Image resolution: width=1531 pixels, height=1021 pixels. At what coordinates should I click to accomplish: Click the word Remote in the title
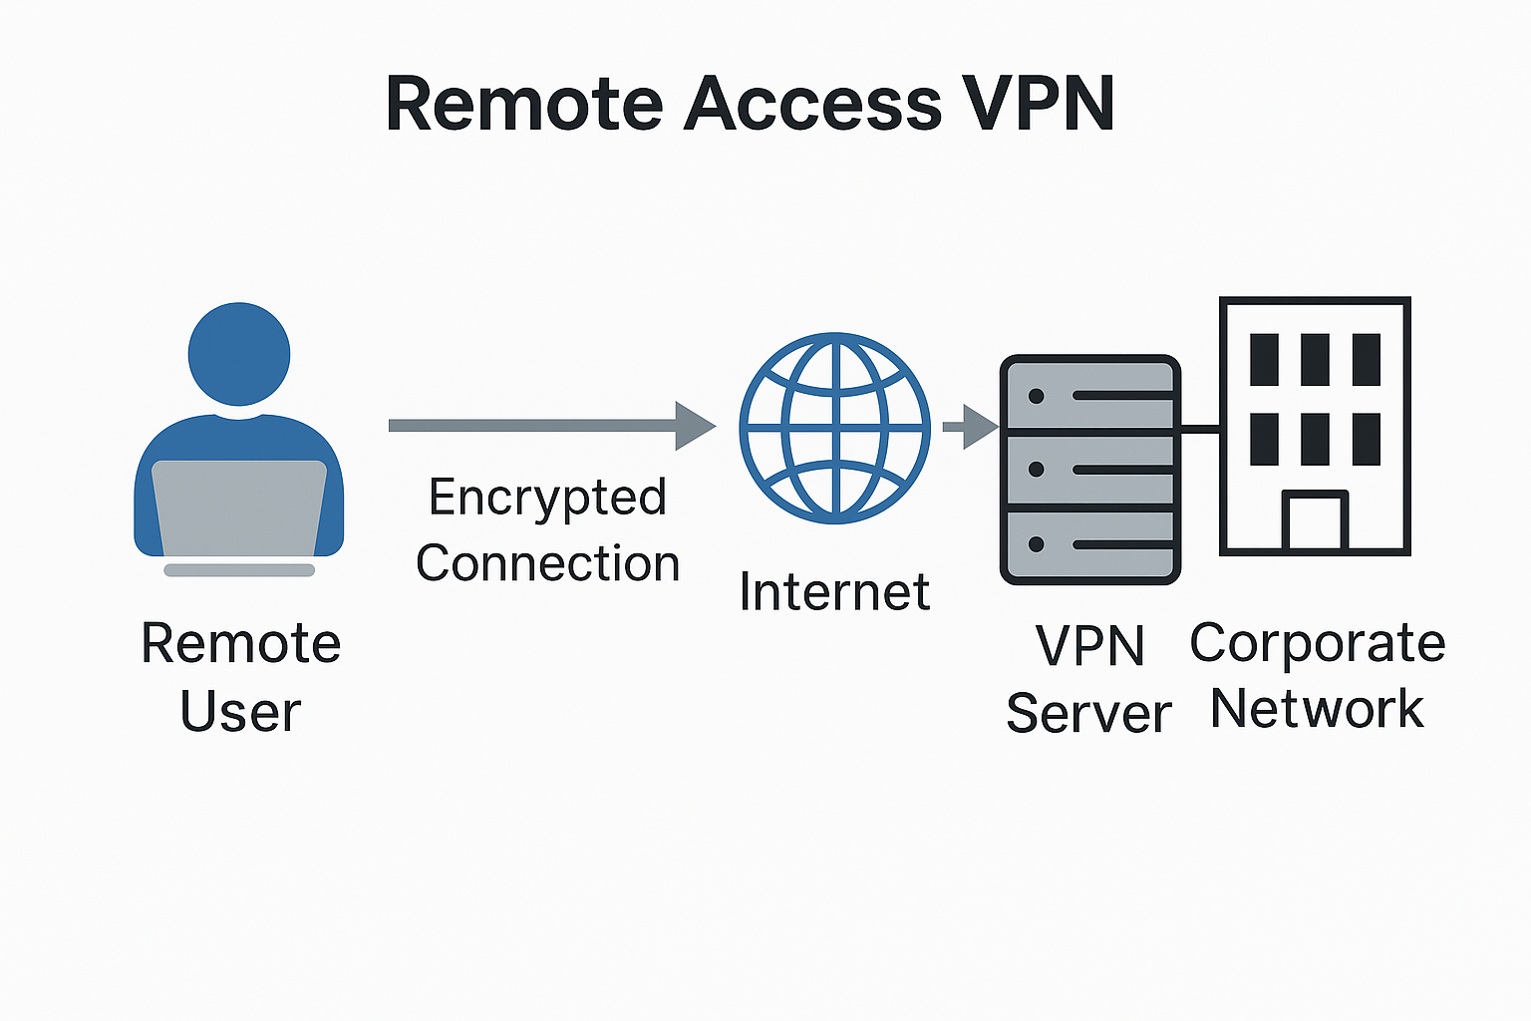coord(524,103)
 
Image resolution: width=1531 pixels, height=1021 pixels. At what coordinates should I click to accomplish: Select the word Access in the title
coord(812,103)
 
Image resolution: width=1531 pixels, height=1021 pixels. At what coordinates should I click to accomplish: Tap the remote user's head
coord(239,354)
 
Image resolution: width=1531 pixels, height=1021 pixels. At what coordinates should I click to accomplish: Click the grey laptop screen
coord(239,507)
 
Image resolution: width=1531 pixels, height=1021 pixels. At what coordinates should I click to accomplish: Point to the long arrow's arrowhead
coord(695,426)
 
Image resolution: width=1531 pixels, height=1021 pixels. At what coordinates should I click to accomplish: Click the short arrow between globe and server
coord(970,427)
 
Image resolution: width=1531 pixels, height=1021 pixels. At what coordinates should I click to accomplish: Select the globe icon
coord(834,428)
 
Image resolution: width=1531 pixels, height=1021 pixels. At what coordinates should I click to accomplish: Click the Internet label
coord(834,592)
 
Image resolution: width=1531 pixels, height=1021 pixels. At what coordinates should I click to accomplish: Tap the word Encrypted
coord(547,498)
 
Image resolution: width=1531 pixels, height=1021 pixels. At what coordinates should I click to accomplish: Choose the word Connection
coord(547,564)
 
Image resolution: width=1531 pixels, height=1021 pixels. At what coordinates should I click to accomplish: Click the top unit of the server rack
coord(1089,396)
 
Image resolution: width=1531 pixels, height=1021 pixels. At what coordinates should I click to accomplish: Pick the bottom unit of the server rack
coord(1089,544)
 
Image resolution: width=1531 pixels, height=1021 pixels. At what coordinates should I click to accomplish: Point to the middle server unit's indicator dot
coord(1037,469)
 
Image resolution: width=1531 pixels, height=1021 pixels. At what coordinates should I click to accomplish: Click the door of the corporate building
coord(1315,521)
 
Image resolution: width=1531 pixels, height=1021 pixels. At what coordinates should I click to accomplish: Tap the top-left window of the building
coord(1264,360)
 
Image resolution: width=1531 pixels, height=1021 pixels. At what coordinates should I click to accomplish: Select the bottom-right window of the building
coord(1367,440)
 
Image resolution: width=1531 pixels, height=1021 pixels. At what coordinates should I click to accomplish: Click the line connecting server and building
coord(1200,429)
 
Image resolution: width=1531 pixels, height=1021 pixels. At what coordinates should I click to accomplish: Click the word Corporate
coord(1317,644)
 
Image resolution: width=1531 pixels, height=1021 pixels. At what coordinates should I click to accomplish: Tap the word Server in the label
coord(1088,714)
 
